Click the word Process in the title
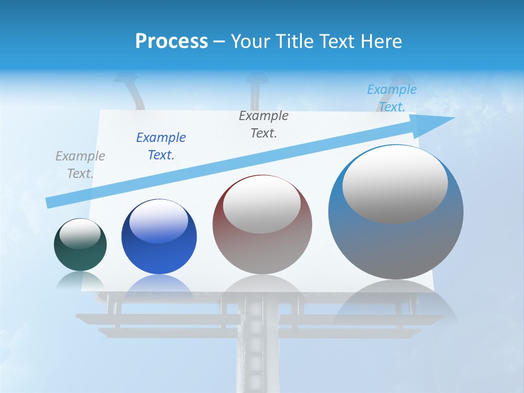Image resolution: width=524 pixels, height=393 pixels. click(171, 41)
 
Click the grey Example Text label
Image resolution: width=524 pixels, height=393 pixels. click(80, 165)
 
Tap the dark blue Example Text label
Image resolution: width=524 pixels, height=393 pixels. click(161, 146)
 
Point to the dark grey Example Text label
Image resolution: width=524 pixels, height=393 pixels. click(264, 124)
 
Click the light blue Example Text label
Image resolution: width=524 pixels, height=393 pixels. click(391, 98)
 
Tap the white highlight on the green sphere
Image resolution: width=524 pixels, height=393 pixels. click(80, 234)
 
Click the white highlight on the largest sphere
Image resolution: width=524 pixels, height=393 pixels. click(395, 184)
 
